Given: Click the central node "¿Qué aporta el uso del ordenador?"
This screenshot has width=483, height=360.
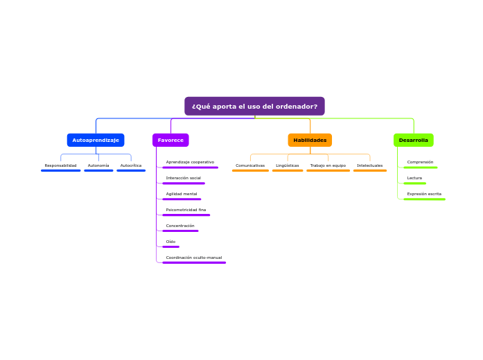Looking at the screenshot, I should pos(254,106).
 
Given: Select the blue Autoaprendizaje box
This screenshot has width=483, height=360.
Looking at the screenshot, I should pos(96,140).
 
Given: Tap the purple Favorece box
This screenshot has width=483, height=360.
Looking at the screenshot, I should pos(170,140).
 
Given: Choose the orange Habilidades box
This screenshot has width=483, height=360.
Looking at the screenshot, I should pos(310,140).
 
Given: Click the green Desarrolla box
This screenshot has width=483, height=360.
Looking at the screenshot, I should pos(413,140).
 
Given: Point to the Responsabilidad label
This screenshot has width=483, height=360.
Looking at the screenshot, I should pos(60,165).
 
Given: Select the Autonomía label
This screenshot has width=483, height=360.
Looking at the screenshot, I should pos(98,165).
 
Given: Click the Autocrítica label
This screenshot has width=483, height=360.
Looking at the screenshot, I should pos(131,165).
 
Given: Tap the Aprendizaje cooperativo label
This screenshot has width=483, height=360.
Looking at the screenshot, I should pos(190,162).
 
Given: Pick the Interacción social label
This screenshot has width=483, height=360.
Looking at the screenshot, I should pos(183,178).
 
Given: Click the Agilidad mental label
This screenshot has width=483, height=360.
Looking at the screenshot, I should pos(182,194).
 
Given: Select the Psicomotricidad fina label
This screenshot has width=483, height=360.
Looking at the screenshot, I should pos(186,210).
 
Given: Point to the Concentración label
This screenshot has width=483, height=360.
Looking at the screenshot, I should pos(180,226).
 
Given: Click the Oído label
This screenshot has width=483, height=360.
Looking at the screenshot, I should pos(170,242).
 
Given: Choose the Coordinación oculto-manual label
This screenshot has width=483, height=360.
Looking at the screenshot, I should pos(194,258).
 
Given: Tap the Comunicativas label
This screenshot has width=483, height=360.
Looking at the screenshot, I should pos(250,165).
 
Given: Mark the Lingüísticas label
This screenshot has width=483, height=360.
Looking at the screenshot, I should pos(288,165).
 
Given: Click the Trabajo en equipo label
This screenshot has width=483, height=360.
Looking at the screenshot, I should pos(328,165).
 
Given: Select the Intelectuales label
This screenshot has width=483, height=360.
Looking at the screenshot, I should pos(369,165).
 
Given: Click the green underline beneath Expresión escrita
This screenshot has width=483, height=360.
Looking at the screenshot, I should pos(424,199).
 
